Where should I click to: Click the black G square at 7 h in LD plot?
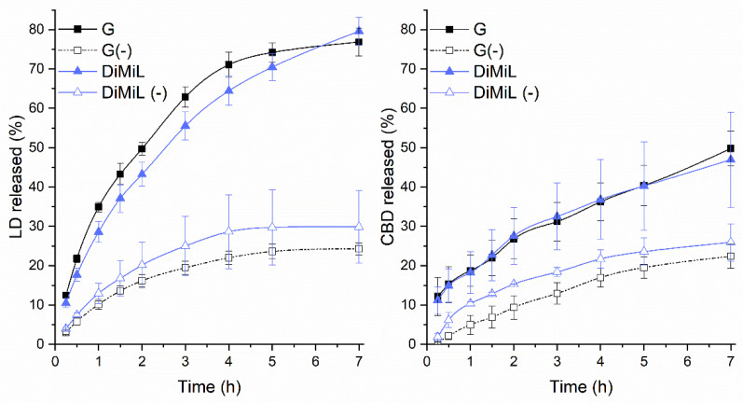359,43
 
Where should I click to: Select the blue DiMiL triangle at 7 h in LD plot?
359,32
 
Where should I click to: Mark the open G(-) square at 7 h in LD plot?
359,249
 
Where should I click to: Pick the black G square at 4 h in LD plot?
228,64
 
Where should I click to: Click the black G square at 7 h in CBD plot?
730,148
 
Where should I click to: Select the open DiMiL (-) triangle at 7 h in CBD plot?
730,242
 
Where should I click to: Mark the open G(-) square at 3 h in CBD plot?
557,293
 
